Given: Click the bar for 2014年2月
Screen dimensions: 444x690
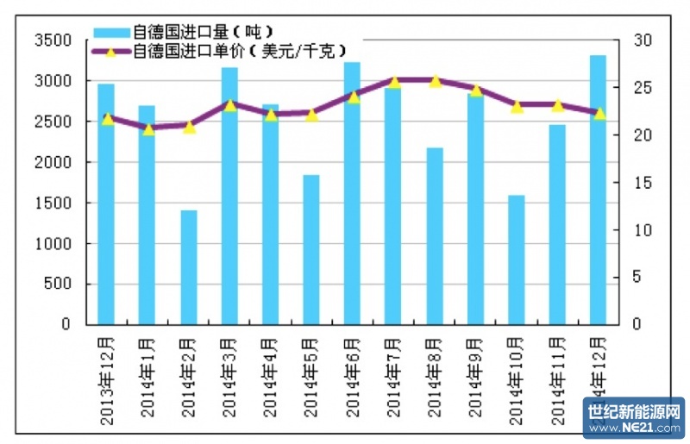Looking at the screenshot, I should coord(189,267).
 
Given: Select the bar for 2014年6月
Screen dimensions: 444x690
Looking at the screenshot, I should coord(353,193).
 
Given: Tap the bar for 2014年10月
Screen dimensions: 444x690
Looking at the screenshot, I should coord(517,260).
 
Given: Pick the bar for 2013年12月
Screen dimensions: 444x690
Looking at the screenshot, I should coord(106,203).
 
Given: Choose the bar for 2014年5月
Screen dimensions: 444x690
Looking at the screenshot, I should coord(311,249).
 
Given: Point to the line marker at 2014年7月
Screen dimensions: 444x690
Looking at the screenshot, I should coord(394,82).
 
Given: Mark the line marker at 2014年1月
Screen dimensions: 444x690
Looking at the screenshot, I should coord(147,128).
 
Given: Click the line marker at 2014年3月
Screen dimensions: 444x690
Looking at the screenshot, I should coord(230,104).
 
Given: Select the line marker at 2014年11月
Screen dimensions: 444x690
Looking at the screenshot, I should coord(558,105).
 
